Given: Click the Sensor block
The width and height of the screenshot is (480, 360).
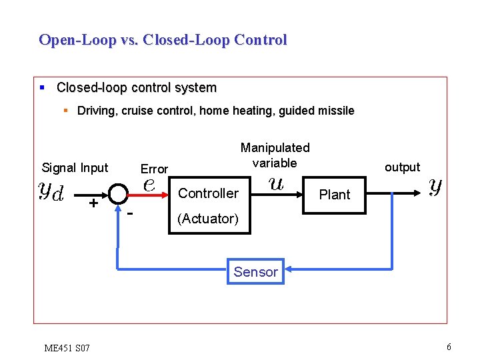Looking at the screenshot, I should coord(255,271).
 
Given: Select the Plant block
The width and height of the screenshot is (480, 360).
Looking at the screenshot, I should coord(334,195).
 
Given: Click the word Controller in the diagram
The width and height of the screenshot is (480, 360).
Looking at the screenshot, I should coord(208,193).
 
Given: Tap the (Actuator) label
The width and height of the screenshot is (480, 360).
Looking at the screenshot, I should coord(207,219).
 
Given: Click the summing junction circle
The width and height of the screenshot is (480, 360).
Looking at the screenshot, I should coord(118,194).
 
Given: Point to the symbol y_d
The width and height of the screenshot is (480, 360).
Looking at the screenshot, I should coord(51,191).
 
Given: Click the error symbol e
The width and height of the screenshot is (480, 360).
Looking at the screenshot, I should coord(150,186).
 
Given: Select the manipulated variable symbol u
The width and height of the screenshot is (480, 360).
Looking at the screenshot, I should coord(275,183).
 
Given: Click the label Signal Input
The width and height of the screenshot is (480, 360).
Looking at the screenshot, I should coord(75,168).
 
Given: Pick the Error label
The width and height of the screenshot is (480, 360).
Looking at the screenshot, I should coord(154,169).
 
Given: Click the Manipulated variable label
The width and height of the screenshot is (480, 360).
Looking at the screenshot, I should coord(275,155).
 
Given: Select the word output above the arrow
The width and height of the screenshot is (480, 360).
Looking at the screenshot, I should coord(402,167).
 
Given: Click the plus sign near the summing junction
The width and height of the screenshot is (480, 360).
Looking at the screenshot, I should coord(94,203).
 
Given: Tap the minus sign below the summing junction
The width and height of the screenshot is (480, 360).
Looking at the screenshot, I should coord(131,213).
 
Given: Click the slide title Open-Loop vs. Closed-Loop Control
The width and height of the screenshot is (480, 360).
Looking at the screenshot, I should coord(163,40).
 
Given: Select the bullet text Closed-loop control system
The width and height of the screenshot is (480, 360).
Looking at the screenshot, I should coord(136,88).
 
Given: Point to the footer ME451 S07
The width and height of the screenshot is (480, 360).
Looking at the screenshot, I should coord(67,347).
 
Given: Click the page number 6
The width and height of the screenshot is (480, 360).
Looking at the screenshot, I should coord(449,347).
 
